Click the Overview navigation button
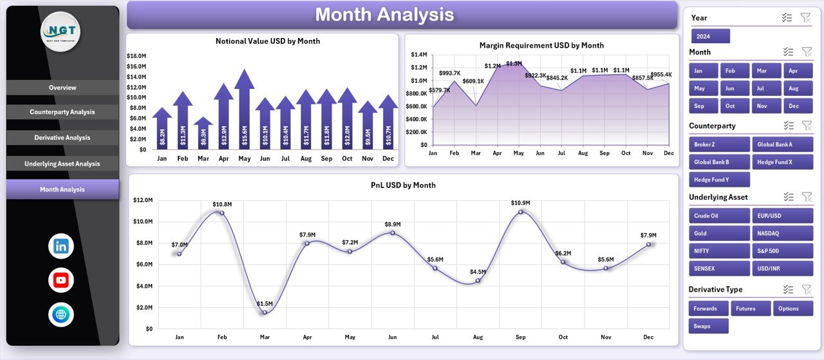(x=62, y=88)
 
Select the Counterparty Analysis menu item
(x=62, y=112)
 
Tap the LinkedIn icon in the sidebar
(x=61, y=246)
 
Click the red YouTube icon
(x=61, y=280)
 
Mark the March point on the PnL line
(x=265, y=312)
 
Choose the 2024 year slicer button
(x=710, y=36)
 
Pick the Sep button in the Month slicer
(x=699, y=106)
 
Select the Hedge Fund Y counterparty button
(x=718, y=180)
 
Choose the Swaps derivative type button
(x=708, y=326)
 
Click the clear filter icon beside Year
(x=805, y=18)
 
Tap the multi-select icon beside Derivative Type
(x=787, y=289)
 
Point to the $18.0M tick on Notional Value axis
(x=136, y=57)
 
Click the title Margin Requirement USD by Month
(x=541, y=46)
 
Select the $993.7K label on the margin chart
(x=450, y=73)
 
